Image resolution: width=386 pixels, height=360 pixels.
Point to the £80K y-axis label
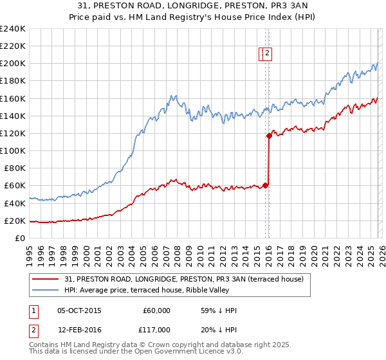click(14, 168)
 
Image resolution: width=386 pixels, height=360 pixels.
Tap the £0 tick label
click(20, 238)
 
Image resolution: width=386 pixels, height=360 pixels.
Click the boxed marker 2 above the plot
click(267, 54)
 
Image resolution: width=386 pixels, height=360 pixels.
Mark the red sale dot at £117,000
click(269, 136)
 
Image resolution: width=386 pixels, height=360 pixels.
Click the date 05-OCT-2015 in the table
click(79, 310)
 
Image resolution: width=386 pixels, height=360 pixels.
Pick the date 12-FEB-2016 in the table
click(79, 330)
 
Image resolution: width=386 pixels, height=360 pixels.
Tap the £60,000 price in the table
click(156, 310)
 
